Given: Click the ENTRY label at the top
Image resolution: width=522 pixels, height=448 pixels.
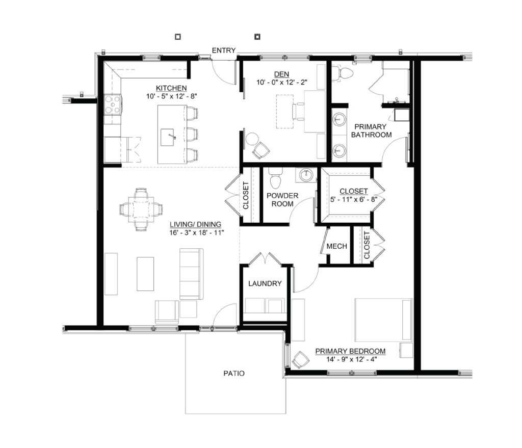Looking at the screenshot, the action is tap(224, 50).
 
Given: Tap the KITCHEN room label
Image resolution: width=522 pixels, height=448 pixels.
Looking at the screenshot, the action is tap(171, 88).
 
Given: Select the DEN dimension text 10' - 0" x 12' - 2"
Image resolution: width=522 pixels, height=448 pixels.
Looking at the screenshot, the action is tap(281, 82).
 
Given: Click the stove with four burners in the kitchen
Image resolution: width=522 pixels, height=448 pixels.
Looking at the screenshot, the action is tap(113, 104).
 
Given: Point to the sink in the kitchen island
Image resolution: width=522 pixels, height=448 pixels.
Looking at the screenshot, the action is tap(168, 137).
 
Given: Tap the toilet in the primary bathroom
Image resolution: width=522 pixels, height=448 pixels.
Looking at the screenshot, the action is tap(343, 73).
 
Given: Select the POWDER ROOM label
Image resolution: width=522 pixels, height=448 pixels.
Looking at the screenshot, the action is tap(282, 200).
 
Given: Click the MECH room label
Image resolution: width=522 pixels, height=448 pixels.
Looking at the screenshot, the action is tap(336, 246).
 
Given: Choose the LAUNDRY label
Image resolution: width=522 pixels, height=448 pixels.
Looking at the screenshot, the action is tap(265, 283).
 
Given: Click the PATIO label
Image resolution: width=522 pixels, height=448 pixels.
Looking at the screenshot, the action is tap(233, 374).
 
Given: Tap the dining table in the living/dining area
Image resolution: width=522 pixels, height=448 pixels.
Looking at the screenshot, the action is tap(141, 209).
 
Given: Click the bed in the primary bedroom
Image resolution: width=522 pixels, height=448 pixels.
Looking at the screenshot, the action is tap(383, 320).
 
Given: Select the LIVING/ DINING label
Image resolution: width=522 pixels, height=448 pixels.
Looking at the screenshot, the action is tap(195, 225).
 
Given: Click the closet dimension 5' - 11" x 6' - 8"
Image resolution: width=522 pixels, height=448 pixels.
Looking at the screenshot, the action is tap(354, 200).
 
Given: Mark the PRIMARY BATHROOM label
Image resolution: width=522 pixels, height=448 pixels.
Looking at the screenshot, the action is tap(371, 131).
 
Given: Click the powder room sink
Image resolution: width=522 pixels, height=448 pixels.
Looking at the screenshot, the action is tap(306, 175).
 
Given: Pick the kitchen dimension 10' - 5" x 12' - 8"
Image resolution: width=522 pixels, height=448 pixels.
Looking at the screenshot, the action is tap(172, 96).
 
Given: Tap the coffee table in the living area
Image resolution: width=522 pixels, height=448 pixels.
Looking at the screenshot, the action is tap(145, 274).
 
